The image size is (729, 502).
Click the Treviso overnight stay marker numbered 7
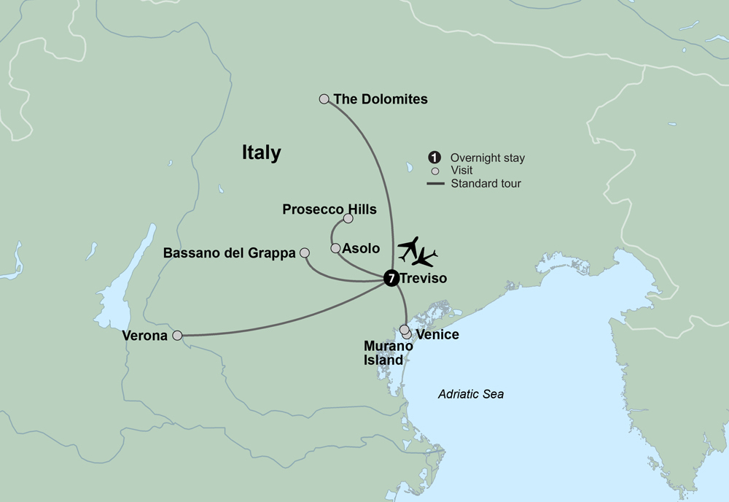[391, 278]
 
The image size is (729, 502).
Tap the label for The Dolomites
[381, 99]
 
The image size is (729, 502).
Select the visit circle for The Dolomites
[324, 99]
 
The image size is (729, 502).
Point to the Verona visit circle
[176, 336]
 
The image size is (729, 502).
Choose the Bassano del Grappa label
[230, 253]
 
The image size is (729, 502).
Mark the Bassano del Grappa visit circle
[305, 252]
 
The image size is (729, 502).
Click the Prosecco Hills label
[330, 210]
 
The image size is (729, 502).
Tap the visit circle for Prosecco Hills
[348, 218]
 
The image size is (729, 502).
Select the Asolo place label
[362, 249]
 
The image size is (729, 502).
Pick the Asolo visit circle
[335, 248]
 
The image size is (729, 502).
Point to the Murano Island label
[383, 353]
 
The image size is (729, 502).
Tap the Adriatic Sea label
[471, 394]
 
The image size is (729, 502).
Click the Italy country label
[262, 153]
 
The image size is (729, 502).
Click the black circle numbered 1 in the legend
[434, 158]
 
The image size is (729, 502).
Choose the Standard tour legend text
[486, 184]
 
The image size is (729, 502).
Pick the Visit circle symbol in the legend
[434, 171]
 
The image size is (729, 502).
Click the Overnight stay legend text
[487, 158]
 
